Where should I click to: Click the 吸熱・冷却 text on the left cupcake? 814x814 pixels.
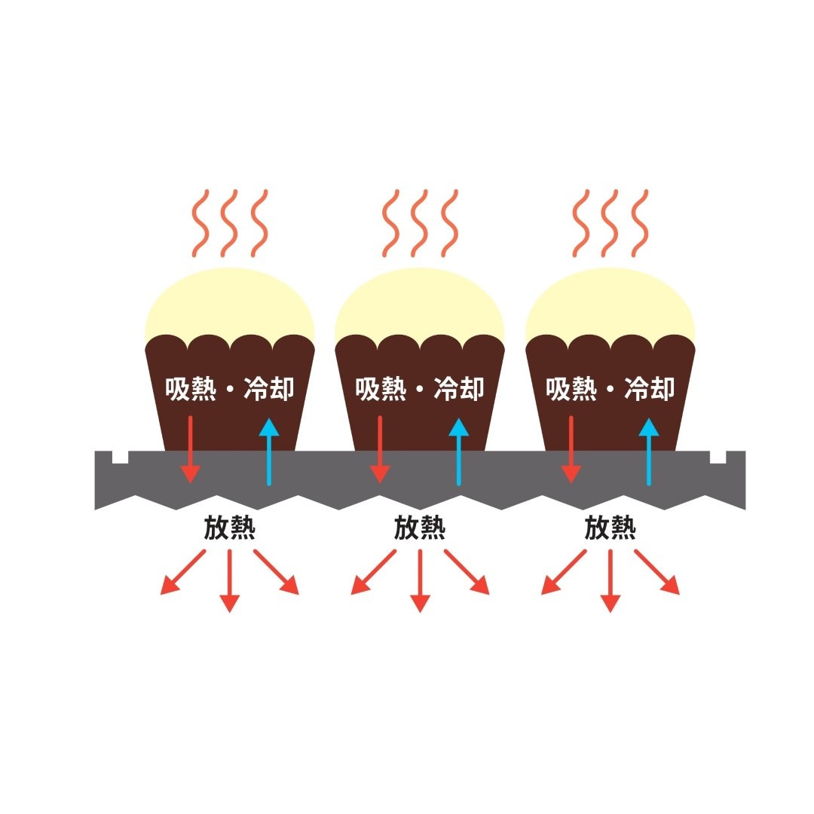(x=229, y=389)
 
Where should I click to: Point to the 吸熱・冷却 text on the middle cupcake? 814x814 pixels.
(x=419, y=389)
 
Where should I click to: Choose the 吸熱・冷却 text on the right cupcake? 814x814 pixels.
(x=610, y=389)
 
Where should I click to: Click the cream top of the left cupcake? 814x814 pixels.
(x=229, y=301)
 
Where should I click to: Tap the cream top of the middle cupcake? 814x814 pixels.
(x=419, y=301)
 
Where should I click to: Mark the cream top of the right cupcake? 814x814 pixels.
(x=610, y=301)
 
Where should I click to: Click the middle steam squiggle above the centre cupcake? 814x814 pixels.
(x=419, y=222)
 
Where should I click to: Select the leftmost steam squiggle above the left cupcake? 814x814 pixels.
(x=200, y=222)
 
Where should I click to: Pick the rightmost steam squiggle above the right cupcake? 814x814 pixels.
(x=640, y=222)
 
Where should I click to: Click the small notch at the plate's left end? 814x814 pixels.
(x=120, y=457)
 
